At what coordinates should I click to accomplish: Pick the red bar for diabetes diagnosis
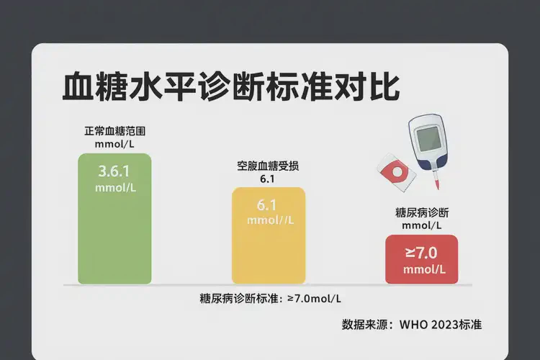point(421,261)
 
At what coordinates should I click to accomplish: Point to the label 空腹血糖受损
point(269,166)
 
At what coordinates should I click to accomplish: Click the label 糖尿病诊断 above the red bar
point(422,212)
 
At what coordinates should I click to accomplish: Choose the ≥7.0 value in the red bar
point(421,253)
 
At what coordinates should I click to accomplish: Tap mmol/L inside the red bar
point(424,270)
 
